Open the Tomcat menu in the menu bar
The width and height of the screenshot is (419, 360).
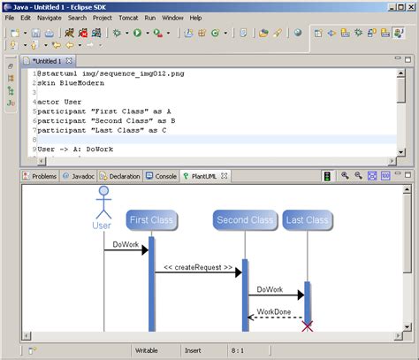tap(129, 17)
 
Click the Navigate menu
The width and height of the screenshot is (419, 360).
tap(50, 17)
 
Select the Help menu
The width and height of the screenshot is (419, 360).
tap(195, 17)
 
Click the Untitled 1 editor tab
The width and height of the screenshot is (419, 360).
tap(46, 60)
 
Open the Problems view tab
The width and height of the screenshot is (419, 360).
tap(39, 176)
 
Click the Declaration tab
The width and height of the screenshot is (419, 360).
tap(119, 176)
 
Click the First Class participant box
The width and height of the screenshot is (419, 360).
tap(151, 219)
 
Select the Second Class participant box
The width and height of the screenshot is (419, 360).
tap(244, 219)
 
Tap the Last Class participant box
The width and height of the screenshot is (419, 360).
tap(307, 219)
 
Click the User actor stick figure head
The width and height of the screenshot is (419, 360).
tap(103, 192)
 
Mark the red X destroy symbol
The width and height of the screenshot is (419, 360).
tap(308, 326)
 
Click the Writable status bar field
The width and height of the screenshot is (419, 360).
tap(147, 351)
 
